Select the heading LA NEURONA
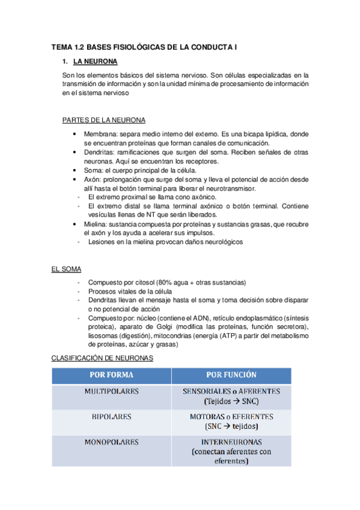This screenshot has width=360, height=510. click(95, 61)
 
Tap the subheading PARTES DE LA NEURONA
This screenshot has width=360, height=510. click(103, 120)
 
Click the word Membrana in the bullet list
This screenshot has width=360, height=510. click(100, 134)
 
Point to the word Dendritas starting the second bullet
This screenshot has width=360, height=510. click(100, 152)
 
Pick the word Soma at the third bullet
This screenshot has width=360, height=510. click(93, 170)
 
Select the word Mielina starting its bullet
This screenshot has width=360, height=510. click(96, 224)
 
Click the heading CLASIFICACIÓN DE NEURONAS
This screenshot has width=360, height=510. click(103, 357)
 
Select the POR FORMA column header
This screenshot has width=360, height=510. click(112, 375)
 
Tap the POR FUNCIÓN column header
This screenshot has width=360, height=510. click(231, 375)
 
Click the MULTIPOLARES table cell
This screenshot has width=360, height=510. click(112, 392)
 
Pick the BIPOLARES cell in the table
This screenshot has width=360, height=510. click(112, 416)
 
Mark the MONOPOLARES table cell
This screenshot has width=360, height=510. click(112, 442)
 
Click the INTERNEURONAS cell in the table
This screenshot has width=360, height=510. click(231, 442)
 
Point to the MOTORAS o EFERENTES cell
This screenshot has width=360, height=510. click(231, 416)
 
